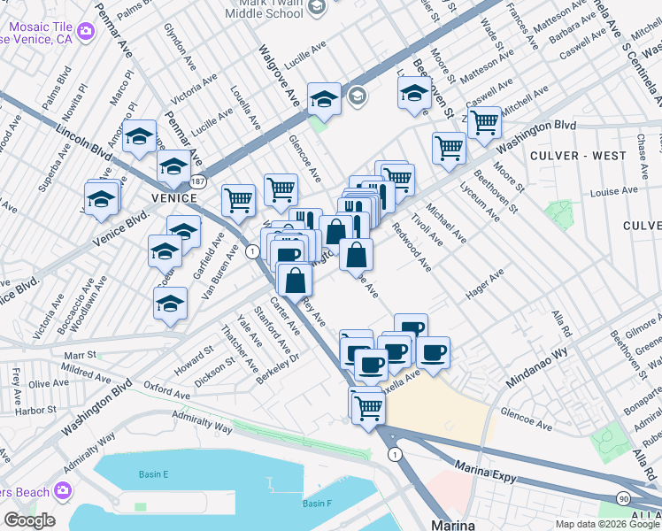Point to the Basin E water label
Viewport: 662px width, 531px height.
(x=154, y=474)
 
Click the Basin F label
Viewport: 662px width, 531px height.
(x=316, y=504)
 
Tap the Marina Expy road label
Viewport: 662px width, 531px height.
(x=484, y=467)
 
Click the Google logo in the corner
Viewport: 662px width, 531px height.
(x=28, y=519)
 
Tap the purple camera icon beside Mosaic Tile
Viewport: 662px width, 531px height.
(x=86, y=33)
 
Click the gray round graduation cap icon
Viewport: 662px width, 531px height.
(x=358, y=96)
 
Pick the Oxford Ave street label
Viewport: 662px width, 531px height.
(x=167, y=390)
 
